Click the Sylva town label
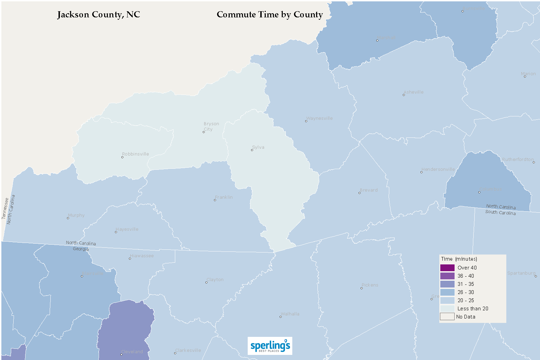258,147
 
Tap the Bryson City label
211,126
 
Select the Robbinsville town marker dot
122,157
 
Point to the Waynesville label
320,118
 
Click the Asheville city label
414,92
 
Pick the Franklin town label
224,197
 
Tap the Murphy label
76,215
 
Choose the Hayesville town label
127,229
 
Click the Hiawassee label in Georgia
142,256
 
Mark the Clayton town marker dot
207,282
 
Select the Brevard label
369,190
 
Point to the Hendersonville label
438,169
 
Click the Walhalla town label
290,314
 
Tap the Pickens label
370,285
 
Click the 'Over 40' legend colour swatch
447,268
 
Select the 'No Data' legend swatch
447,317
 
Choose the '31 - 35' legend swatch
447,284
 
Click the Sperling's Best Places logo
270,346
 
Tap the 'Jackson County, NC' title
99,15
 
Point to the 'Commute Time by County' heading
270,15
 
